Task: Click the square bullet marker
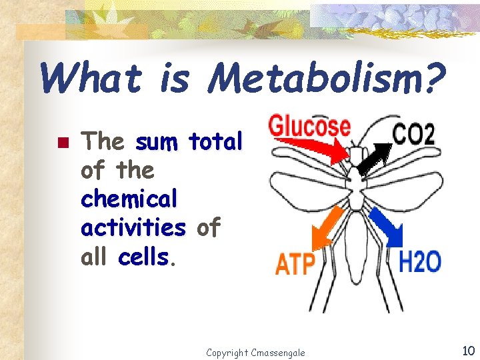(x=64, y=142)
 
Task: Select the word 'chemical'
(x=129, y=199)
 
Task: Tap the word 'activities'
(x=133, y=227)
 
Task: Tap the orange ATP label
(x=295, y=263)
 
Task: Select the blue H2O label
(x=419, y=262)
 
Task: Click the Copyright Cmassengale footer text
(x=255, y=352)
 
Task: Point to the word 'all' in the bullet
(x=96, y=256)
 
